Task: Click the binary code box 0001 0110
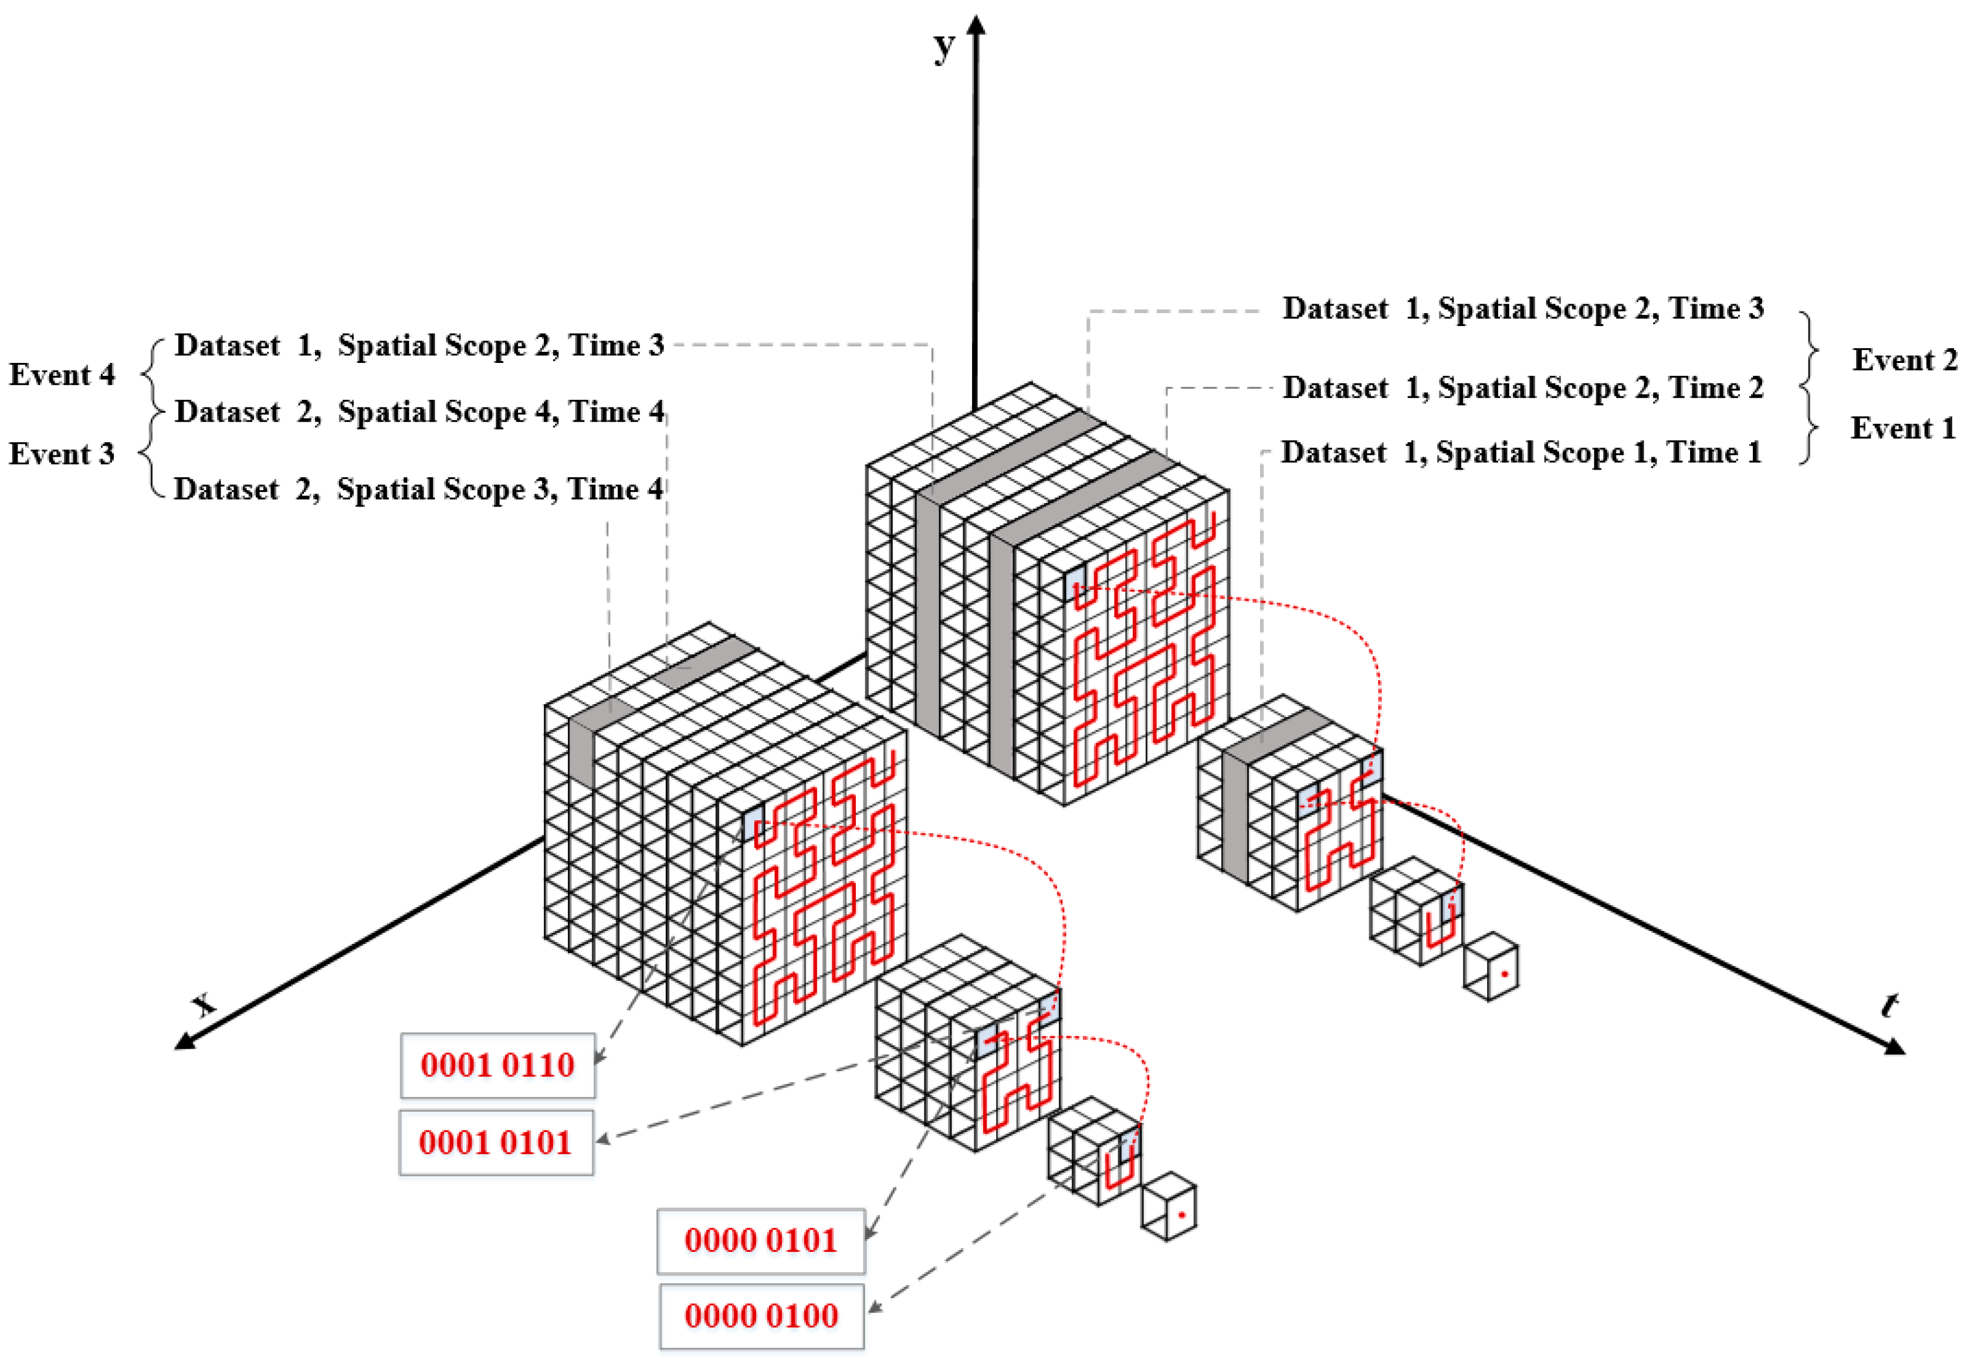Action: coord(497,1065)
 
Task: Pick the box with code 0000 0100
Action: coord(761,1315)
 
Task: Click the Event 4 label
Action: coord(62,375)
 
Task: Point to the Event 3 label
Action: coord(62,454)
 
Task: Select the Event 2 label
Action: coord(1904,359)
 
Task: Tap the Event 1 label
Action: coord(1902,428)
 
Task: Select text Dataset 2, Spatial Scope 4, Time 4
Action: coord(419,412)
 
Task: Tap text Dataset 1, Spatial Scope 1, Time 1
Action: coord(1520,452)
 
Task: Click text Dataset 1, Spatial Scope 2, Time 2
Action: coord(1523,388)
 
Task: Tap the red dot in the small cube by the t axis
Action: coord(1504,974)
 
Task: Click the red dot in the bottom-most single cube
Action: coord(1181,1215)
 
